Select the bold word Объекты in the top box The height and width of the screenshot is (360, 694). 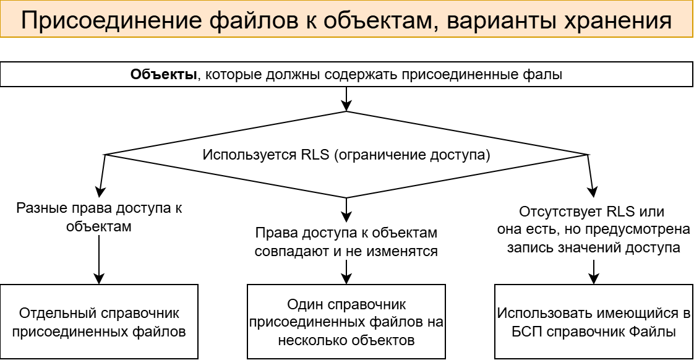[x=163, y=75]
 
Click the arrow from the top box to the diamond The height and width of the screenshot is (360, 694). [x=346, y=98]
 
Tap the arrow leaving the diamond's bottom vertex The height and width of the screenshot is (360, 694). [x=346, y=210]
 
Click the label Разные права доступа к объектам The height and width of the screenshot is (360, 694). [x=99, y=217]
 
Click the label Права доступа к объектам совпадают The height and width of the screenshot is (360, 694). [x=346, y=242]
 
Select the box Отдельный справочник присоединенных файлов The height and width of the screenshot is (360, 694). [x=99, y=322]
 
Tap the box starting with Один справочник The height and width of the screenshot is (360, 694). [x=346, y=322]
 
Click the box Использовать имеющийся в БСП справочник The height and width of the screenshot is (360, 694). [x=594, y=322]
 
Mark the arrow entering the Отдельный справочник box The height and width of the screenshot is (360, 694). [x=99, y=260]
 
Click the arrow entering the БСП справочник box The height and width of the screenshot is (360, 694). [x=594, y=272]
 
